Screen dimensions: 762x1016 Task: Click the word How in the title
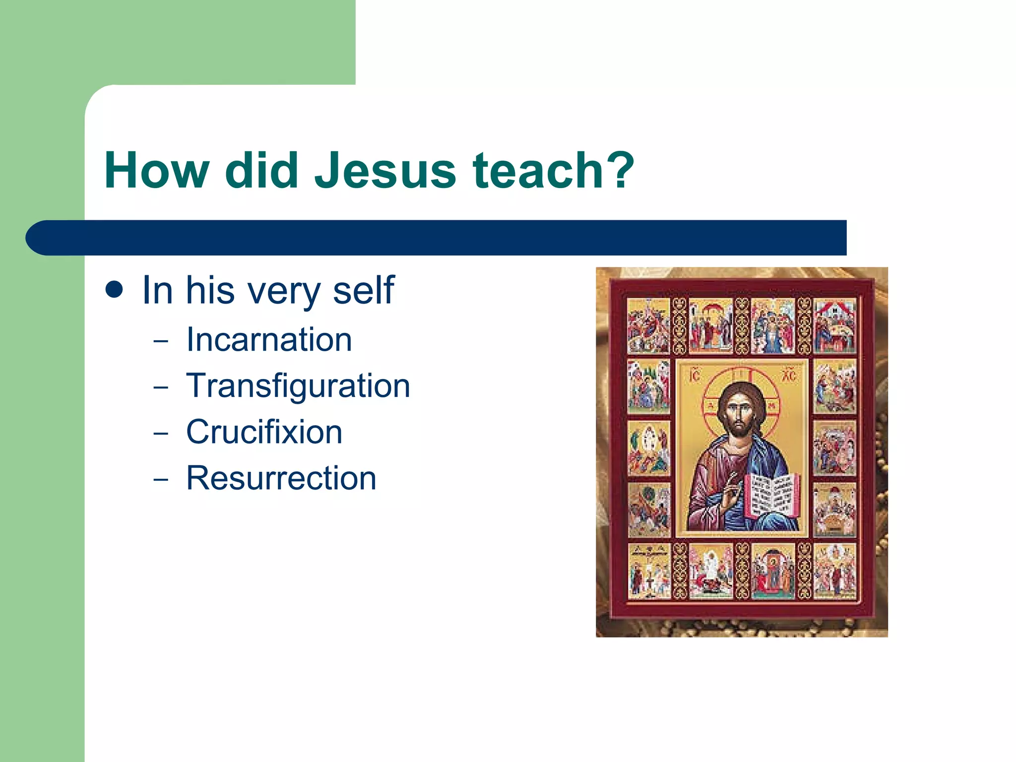pos(157,171)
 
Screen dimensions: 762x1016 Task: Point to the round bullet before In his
pos(114,290)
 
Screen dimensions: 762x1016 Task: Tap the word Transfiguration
pos(298,386)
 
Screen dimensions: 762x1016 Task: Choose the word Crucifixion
pos(264,432)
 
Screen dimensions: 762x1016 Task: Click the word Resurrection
pos(281,478)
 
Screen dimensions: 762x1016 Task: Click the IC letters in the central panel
pos(695,376)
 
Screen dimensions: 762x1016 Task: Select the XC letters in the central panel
pos(789,376)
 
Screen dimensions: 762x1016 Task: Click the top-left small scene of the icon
pos(648,325)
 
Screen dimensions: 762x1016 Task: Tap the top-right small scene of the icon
pos(835,325)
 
